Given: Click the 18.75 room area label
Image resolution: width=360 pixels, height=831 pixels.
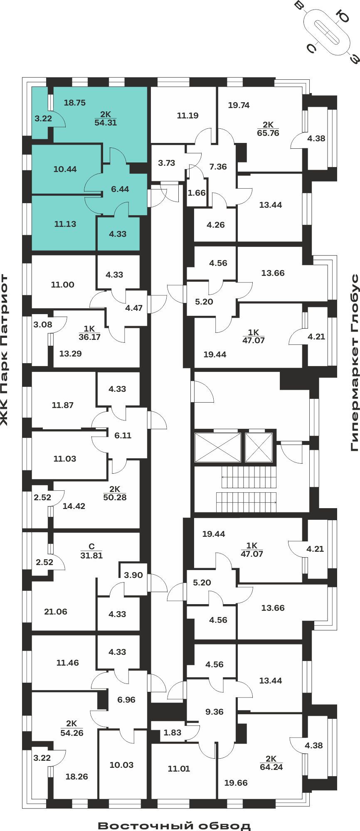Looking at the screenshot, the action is point(75,103).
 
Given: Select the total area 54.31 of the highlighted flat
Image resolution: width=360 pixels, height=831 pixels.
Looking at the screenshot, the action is point(106,123).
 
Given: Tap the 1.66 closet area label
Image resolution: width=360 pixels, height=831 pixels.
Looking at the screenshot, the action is point(197,193).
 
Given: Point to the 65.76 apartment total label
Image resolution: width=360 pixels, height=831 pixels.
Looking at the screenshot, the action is point(268,133).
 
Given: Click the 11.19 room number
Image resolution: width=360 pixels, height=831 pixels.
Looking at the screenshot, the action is point(187,116).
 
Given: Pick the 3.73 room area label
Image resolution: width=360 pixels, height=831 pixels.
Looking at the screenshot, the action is point(167,163).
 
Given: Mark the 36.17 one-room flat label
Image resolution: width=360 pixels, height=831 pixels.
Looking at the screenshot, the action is point(89,337).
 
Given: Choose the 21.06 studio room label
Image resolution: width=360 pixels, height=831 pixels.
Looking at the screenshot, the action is point(56,612).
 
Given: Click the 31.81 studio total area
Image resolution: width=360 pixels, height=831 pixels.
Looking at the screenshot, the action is point(91,556).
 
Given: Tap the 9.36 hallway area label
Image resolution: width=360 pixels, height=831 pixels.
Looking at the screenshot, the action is point(215,712).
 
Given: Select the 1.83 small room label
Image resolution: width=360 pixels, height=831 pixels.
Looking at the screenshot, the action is point(173,733).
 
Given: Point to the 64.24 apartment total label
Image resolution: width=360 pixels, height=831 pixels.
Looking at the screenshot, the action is point(271,767).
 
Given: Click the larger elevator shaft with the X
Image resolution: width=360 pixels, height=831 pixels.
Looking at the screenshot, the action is point(218,447).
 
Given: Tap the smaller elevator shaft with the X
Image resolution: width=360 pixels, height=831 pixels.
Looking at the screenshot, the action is point(259,447).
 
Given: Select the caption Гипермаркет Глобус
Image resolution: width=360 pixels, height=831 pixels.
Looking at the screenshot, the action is point(355,362).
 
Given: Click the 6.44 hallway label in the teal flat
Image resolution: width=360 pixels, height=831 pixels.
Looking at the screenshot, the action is point(120,189).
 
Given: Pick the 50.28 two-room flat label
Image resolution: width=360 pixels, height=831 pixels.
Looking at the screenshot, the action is point(115,497).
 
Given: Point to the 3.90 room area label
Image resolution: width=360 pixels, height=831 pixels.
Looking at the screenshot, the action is point(133,575).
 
